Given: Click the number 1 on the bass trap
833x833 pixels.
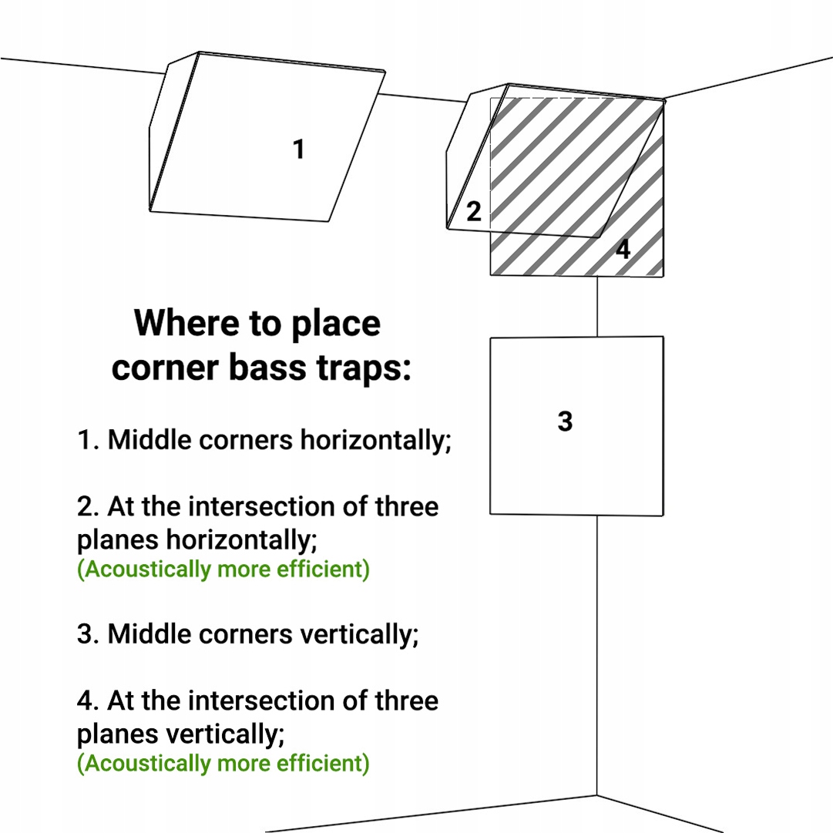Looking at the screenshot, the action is pyautogui.click(x=299, y=149).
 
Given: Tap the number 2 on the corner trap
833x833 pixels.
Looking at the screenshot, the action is pyautogui.click(x=474, y=211).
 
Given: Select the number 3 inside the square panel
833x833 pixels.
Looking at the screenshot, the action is pyautogui.click(x=566, y=422).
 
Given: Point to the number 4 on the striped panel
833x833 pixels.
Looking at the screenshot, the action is pyautogui.click(x=623, y=249).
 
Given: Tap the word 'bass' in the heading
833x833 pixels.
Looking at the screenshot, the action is pyautogui.click(x=267, y=368).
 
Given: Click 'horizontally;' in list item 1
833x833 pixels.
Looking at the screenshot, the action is pyautogui.click(x=375, y=440).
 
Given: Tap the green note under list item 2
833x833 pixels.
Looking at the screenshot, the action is pyautogui.click(x=223, y=569).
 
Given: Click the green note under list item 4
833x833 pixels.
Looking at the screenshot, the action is pyautogui.click(x=223, y=763).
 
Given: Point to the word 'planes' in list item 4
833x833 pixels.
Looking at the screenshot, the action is pyautogui.click(x=117, y=734).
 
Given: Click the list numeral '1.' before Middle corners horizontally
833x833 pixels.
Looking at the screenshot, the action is pyautogui.click(x=88, y=440).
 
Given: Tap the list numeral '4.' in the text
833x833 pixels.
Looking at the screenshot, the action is pyautogui.click(x=88, y=700).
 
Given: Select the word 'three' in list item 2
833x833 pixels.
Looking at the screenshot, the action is pyautogui.click(x=407, y=506).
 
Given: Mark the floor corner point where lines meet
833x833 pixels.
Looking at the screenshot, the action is pyautogui.click(x=596, y=795).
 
